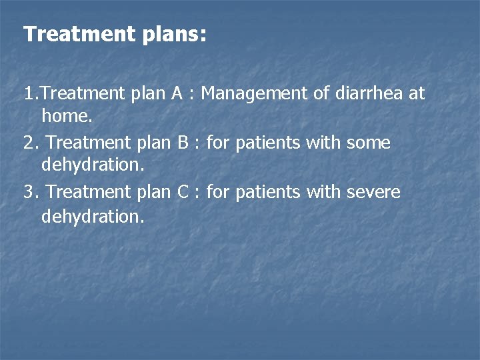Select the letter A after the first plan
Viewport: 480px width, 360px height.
coord(177,93)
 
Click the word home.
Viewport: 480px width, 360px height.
coord(67,117)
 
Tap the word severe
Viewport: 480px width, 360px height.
coord(373,192)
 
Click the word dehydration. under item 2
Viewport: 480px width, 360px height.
coord(93,166)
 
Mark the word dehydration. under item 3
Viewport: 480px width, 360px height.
coord(93,216)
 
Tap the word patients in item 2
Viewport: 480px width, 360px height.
coord(267,143)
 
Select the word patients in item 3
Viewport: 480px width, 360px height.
coord(267,192)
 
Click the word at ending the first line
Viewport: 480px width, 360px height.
coord(416,93)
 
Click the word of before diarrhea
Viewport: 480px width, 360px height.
coord(321,93)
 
